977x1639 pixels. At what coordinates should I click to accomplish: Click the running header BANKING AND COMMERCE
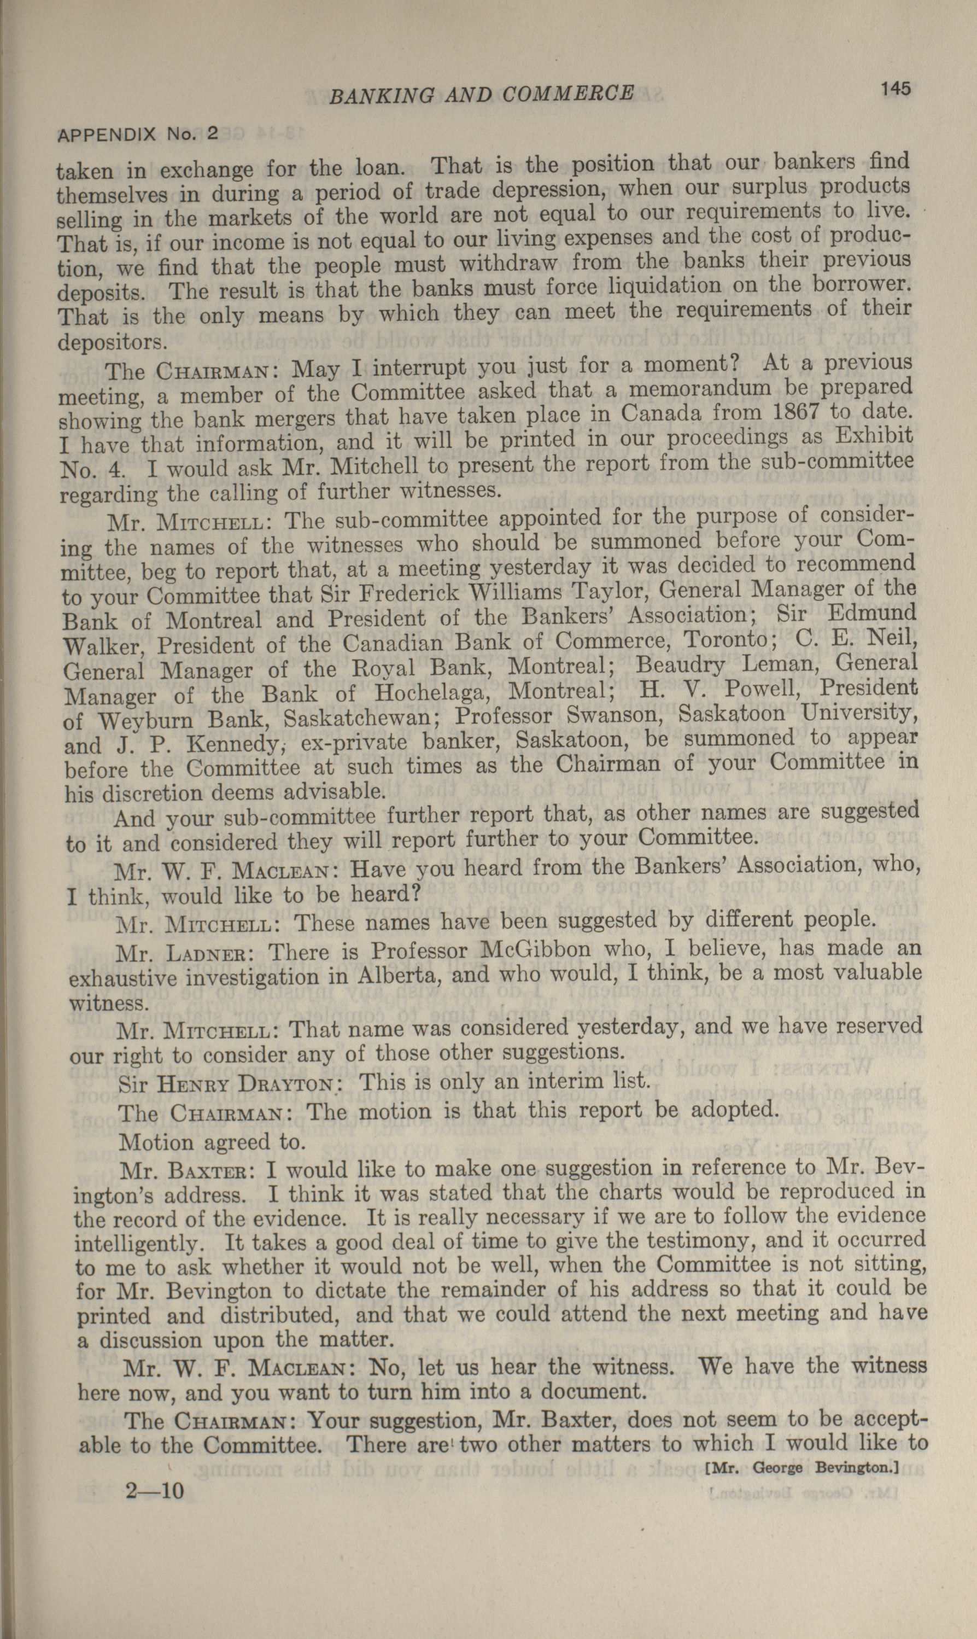pyautogui.click(x=481, y=95)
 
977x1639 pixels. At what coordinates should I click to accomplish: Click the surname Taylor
pyautogui.click(x=610, y=591)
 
